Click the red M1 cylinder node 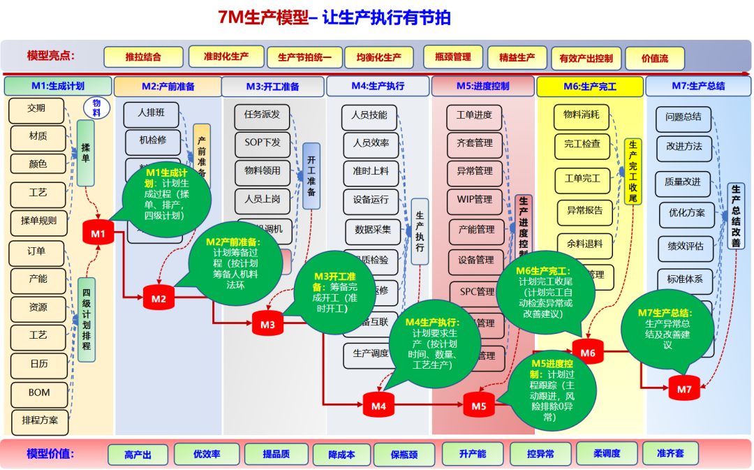[x=98, y=233]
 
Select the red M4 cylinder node [x=378, y=405]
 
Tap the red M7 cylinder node [x=684, y=388]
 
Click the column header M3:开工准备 [x=272, y=87]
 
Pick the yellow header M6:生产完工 [x=590, y=87]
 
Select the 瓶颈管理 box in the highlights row [x=452, y=57]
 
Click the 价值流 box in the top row [x=654, y=59]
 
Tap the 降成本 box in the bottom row [x=341, y=455]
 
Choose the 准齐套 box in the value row [x=670, y=453]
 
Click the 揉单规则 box [x=38, y=221]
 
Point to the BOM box [x=39, y=392]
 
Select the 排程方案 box [x=40, y=421]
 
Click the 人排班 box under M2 [x=151, y=112]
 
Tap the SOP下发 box [x=263, y=142]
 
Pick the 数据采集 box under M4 [x=373, y=229]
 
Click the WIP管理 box [x=475, y=200]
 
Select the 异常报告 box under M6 [x=585, y=208]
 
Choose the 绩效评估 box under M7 [x=686, y=246]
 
